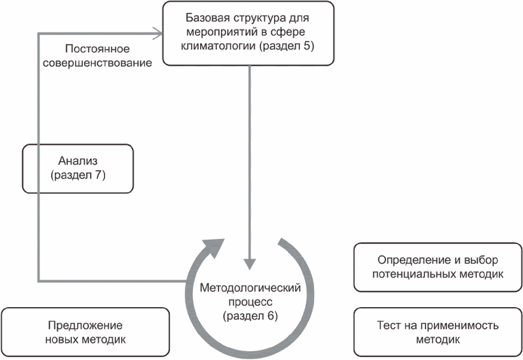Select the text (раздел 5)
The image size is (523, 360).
click(x=287, y=46)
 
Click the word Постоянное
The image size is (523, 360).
click(x=97, y=48)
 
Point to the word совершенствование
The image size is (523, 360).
click(x=97, y=62)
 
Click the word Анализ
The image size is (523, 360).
click(x=78, y=161)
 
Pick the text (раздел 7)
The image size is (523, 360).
click(x=78, y=175)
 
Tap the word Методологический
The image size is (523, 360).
click(x=250, y=288)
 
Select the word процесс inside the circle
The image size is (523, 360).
click(x=250, y=302)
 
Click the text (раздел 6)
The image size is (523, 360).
click(x=250, y=316)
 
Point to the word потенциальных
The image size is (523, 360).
click(x=414, y=274)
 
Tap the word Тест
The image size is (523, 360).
click(x=389, y=326)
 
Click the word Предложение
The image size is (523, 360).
click(x=85, y=326)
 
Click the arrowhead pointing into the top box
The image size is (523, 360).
click(x=158, y=33)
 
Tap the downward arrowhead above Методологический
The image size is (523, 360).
click(x=250, y=264)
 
